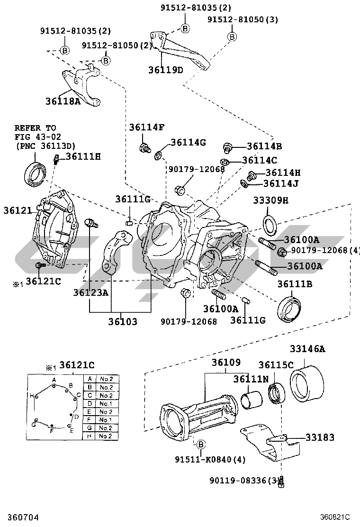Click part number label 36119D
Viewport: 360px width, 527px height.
tap(166, 70)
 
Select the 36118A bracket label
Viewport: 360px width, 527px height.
tap(63, 101)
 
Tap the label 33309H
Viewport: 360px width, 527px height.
tap(270, 200)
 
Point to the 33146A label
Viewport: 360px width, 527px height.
tap(307, 349)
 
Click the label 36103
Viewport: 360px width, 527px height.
tap(123, 322)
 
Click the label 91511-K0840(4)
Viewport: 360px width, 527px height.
tap(210, 459)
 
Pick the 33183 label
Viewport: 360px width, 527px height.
tap(320, 437)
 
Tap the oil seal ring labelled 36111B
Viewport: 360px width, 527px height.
tap(289, 309)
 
